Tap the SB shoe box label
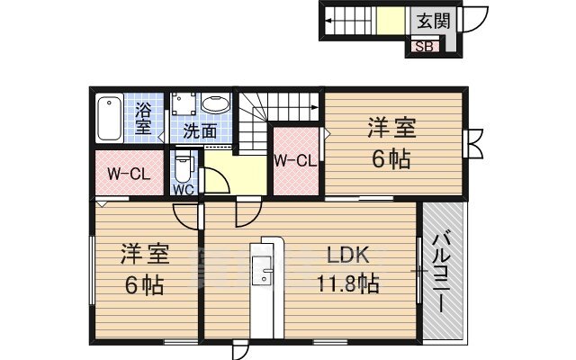tap(425, 47)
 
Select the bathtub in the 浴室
tap(110, 118)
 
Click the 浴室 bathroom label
tap(143, 118)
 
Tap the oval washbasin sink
tap(216, 103)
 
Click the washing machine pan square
tap(184, 103)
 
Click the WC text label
tap(184, 190)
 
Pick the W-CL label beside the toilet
tap(129, 174)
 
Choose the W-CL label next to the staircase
tap(296, 160)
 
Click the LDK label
tap(348, 256)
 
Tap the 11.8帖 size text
tap(347, 283)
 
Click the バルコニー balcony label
tap(441, 273)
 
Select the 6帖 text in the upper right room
tap(391, 160)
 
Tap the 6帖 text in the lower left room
tap(144, 285)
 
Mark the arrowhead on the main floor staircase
tap(315, 107)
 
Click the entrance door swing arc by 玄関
tap(481, 22)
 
